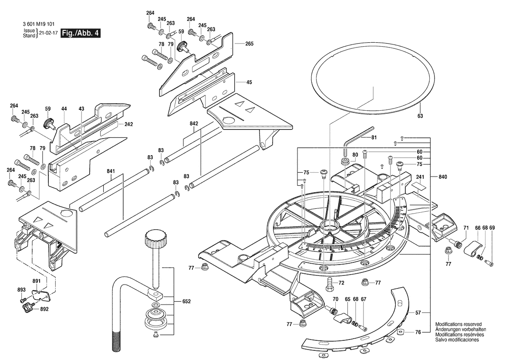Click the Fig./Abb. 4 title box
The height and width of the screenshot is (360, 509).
81,33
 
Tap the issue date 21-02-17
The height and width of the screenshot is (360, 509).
48,33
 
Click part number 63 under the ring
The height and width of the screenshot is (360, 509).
420,116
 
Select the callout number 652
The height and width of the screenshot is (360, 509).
187,301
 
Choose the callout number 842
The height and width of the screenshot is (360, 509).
194,124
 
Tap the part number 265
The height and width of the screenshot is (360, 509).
249,44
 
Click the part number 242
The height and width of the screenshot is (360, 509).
128,124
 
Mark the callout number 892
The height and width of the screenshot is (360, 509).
44,309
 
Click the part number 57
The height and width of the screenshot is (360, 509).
418,313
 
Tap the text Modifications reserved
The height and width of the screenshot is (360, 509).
458,325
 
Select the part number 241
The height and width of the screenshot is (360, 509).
420,177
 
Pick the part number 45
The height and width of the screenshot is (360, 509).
249,82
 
